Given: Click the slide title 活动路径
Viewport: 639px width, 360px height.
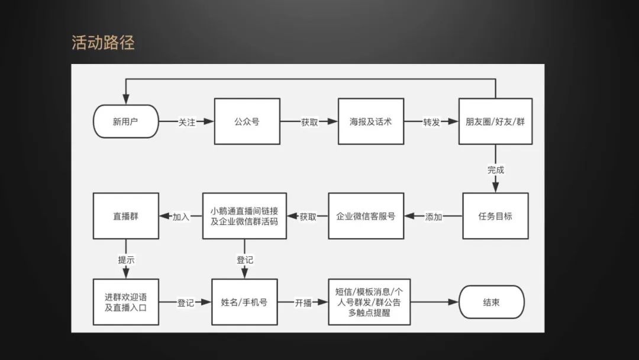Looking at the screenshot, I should click(x=103, y=43).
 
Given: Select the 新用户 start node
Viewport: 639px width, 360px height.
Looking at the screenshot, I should click(x=126, y=122).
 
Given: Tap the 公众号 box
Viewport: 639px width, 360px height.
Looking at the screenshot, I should click(x=247, y=122).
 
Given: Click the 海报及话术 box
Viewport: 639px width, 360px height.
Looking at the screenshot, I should click(x=371, y=122).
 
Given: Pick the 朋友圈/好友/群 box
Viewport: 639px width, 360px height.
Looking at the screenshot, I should click(x=495, y=122).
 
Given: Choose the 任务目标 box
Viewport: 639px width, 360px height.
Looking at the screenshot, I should click(x=495, y=216).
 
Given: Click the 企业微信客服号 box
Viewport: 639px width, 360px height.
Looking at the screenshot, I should click(x=366, y=216).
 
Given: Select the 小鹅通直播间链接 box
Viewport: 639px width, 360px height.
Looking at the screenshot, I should click(x=244, y=216).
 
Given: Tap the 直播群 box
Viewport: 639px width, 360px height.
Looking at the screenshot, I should click(x=125, y=216).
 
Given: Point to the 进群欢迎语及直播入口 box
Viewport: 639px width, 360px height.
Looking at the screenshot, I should click(x=125, y=302).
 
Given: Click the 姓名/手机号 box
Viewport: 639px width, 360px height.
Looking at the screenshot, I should click(x=244, y=302).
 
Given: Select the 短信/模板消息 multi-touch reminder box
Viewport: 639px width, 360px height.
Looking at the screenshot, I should click(x=369, y=302).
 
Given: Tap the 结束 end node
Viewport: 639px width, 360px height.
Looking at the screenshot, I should click(x=492, y=302).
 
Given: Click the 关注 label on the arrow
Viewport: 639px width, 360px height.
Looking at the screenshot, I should click(x=187, y=123).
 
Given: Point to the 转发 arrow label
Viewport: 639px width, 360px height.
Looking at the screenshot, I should click(x=431, y=123).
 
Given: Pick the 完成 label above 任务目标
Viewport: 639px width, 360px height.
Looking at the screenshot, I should click(x=496, y=170).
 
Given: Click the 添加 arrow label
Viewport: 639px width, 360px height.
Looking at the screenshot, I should click(x=434, y=217).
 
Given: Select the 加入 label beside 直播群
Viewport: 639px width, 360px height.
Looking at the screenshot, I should click(x=181, y=217).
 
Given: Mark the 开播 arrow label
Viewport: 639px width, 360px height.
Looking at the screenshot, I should click(x=304, y=303).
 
